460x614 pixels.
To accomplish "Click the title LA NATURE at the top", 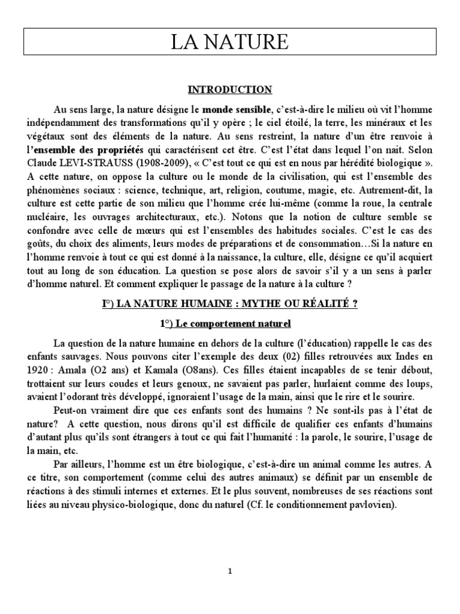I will click(230, 43).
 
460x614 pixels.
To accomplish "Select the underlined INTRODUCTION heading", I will click(230, 90).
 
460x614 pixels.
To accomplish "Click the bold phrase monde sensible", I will click(237, 110).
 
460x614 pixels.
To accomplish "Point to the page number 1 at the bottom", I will click(230, 571).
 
